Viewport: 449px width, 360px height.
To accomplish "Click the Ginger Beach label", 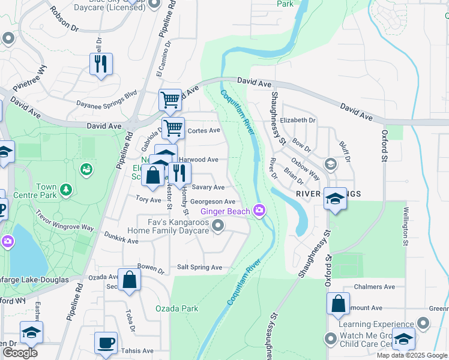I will pos(225,211).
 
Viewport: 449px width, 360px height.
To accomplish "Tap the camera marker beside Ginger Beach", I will pos(259,209).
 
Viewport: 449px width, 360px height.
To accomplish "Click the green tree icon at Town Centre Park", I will pos(66,190).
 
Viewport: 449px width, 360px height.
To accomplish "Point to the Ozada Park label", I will pos(176,308).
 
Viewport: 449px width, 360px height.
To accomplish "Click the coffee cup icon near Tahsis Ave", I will pos(106,342).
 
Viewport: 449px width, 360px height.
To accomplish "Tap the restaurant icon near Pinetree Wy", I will pos(101,64).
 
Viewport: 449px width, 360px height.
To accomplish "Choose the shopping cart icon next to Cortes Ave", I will pos(173,127).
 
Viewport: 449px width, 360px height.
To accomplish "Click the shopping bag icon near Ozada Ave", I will pos(129,280).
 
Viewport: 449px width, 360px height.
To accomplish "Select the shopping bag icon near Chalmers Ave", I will pos(338,304).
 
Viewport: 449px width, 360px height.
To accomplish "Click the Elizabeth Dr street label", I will pos(298,120).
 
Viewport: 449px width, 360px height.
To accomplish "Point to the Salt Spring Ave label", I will pos(199,267).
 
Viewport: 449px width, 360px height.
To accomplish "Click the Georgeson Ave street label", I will pos(212,202).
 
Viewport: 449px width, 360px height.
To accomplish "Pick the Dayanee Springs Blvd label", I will pos(107,99).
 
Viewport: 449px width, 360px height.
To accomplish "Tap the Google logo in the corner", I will pos(19,352).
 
